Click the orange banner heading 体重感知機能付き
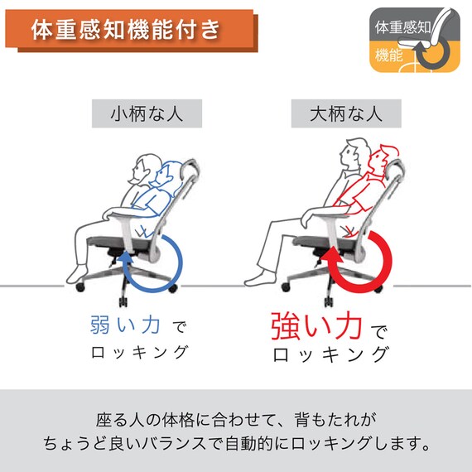point(126,31)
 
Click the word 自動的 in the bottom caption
point(287,444)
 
